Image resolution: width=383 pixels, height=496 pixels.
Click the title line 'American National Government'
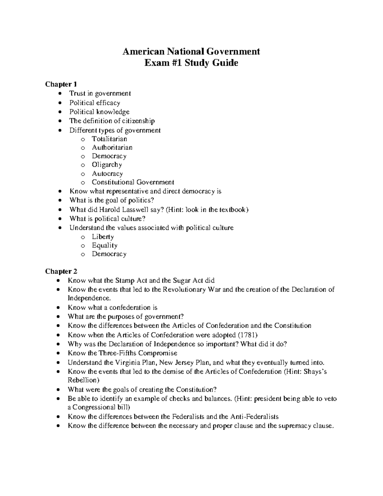191,51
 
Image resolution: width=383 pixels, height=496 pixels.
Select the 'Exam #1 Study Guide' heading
191,63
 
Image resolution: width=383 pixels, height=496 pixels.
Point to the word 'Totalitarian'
109,139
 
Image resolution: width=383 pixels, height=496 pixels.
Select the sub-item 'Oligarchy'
107,165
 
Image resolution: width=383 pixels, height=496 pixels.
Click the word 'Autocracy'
107,174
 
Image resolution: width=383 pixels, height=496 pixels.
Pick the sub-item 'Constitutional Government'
133,182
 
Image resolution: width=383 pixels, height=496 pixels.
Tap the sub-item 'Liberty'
103,237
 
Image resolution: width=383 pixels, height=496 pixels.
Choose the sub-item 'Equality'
105,246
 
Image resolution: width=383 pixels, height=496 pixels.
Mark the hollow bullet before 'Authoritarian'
83,148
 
